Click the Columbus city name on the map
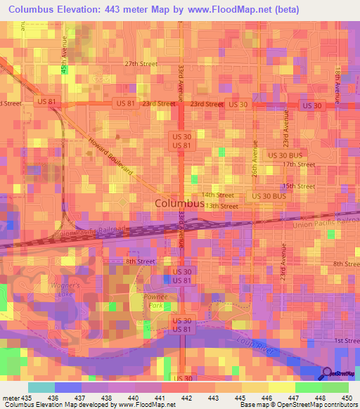[179, 204]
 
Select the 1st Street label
[346, 340]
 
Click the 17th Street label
[299, 164]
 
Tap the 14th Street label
[217, 195]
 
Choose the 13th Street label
[222, 206]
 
